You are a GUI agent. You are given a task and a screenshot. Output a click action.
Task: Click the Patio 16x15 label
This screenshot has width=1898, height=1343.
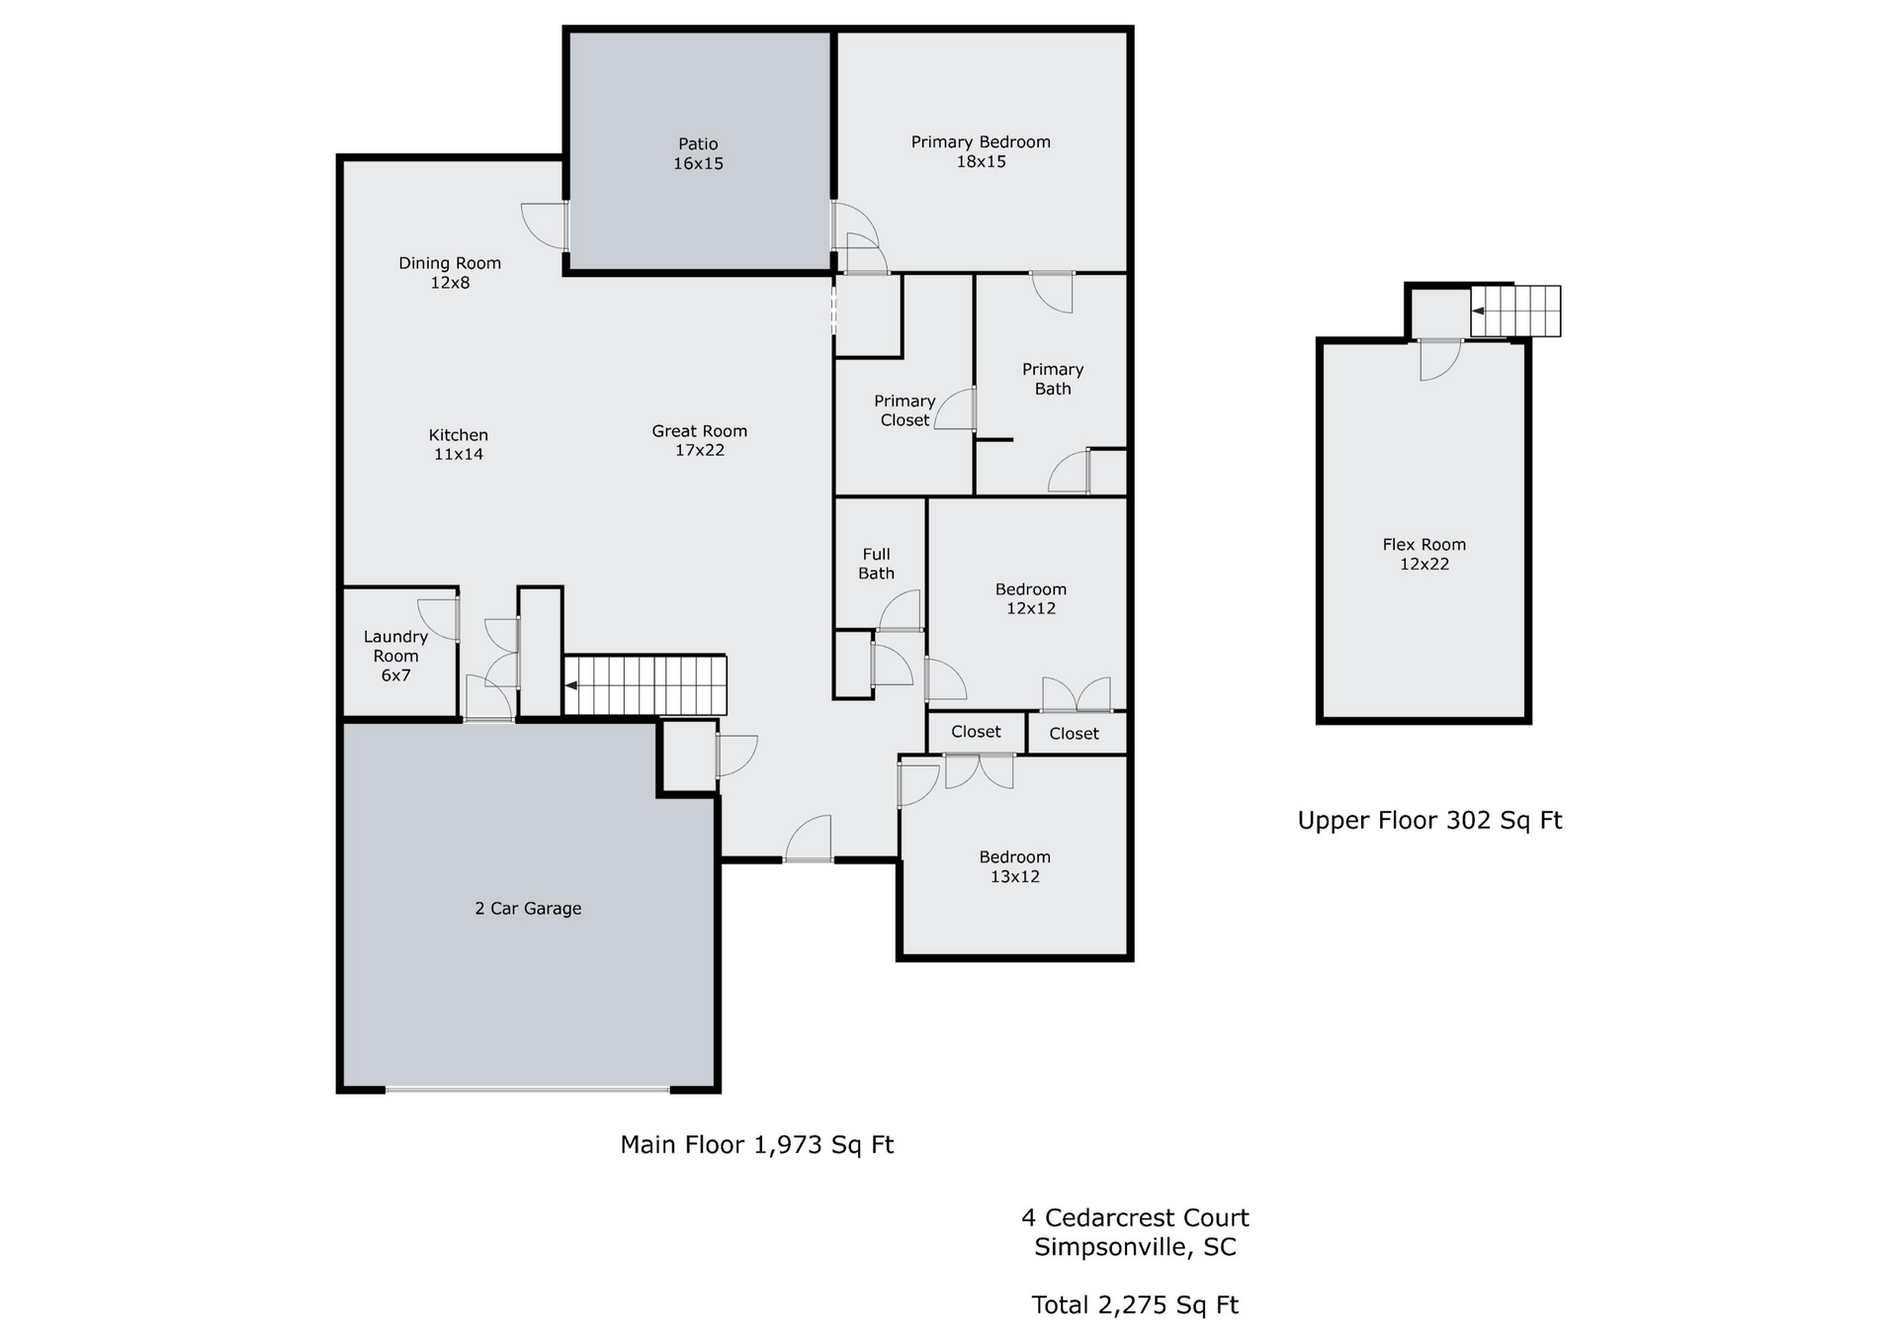pos(698,154)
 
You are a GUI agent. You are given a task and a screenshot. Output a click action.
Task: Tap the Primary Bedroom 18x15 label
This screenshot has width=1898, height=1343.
pos(981,152)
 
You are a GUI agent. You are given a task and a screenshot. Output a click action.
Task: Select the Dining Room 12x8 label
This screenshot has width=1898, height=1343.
pos(450,273)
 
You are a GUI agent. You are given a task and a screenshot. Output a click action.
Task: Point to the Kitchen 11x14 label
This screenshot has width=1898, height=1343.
pos(459,445)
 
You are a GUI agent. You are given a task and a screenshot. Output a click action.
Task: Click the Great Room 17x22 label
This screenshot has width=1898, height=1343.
pos(700,441)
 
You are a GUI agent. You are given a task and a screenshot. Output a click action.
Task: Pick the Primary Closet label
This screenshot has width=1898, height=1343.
pos(905,410)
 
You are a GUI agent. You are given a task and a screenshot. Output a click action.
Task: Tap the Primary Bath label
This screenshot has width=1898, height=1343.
pos(1053,379)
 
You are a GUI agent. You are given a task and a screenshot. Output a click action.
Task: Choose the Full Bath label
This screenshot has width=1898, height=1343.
pos(876,564)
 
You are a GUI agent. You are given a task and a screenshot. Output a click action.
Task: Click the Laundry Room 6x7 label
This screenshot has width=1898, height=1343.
pos(395,657)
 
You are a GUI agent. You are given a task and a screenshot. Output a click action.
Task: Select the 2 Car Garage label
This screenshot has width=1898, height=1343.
pos(528,909)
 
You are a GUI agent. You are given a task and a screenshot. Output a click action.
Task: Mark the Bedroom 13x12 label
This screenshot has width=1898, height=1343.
pos(1015,867)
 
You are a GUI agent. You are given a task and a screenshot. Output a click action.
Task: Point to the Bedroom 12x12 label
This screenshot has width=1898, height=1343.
pos(1031,599)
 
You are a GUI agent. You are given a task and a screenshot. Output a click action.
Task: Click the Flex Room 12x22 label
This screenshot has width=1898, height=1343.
pos(1424,555)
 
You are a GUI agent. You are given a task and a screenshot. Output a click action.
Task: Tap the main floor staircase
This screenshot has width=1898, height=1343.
pos(646,684)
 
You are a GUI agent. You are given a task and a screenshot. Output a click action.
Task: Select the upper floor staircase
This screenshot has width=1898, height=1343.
pos(1515,312)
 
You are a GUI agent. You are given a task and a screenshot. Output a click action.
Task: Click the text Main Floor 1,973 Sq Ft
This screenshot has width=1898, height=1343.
pos(757,1145)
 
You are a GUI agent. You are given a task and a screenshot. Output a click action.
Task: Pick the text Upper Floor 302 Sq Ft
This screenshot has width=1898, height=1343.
pos(1429,821)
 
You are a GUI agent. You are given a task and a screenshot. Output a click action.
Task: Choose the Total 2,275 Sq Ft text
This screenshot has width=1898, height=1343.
pos(1135,1306)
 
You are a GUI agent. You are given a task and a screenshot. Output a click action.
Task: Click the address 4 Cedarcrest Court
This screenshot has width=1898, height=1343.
pos(1135,1218)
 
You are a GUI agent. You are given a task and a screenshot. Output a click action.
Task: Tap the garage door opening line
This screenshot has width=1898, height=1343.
pos(527,1090)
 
